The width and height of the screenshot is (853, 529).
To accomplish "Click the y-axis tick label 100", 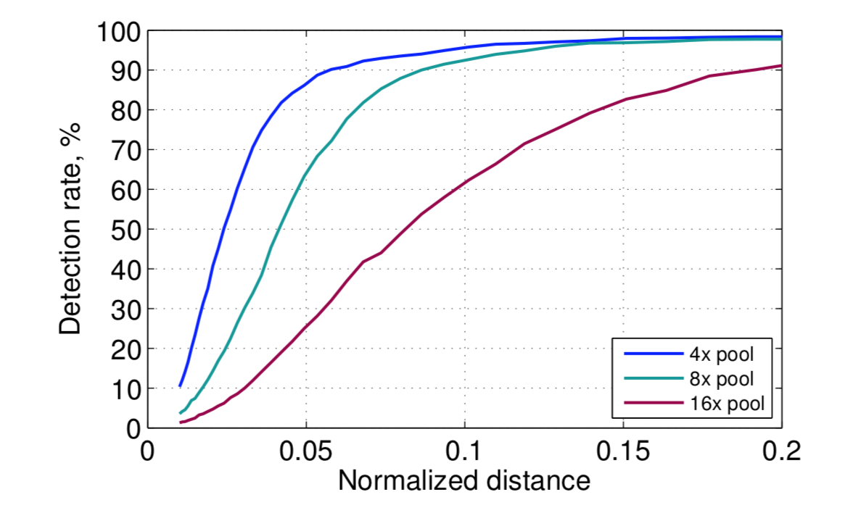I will pyautogui.click(x=118, y=31).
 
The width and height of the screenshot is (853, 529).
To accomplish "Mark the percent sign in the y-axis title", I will pyautogui.click(x=70, y=130).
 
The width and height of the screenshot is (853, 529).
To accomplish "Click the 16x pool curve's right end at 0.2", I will pyautogui.click(x=781, y=66).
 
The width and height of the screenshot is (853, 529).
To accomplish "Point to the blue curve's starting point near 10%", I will pyautogui.click(x=180, y=386).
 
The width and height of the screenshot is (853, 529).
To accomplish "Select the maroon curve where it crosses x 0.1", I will pyautogui.click(x=465, y=180).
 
